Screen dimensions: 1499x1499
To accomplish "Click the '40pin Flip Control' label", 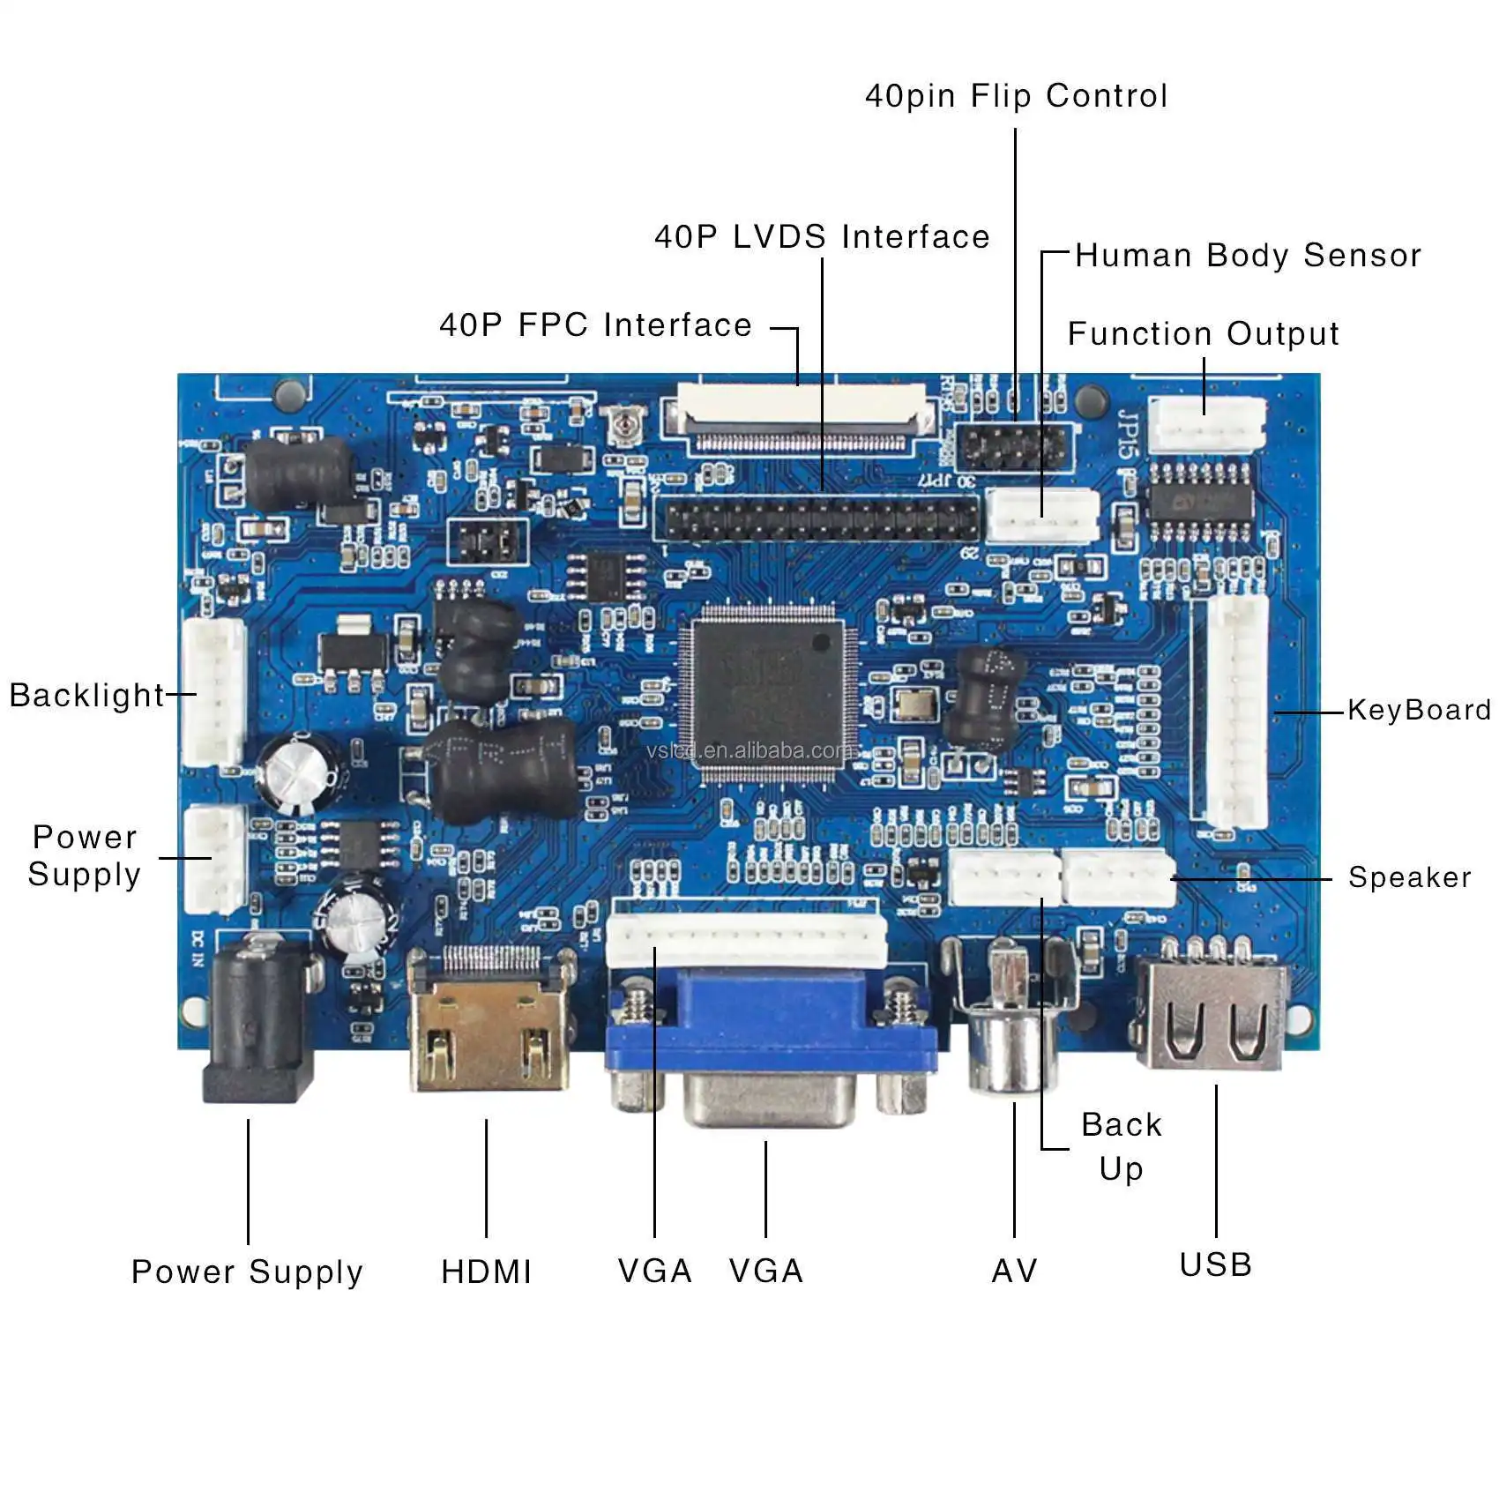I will click(1016, 96).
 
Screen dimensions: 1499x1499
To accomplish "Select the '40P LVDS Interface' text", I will click(822, 236).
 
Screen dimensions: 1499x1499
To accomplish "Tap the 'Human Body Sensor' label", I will click(1248, 256).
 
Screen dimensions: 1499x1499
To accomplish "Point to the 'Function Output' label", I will click(1203, 334).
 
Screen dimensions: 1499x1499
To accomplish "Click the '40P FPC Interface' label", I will click(595, 325).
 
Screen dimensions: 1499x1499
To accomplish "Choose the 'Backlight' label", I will click(86, 696).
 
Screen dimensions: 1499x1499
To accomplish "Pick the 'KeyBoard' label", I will click(1419, 710).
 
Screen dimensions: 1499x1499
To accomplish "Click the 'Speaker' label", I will click(1409, 877).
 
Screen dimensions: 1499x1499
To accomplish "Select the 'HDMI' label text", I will click(486, 1272).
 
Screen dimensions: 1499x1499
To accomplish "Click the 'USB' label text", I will click(1215, 1264).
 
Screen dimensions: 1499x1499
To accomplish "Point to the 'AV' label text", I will click(1014, 1271).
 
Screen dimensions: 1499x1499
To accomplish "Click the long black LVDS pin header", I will click(820, 518).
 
